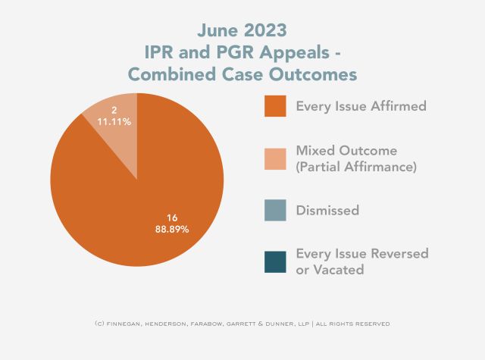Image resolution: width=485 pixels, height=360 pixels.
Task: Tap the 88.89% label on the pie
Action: pyautogui.click(x=172, y=228)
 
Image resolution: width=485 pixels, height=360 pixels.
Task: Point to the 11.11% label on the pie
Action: pyautogui.click(x=113, y=122)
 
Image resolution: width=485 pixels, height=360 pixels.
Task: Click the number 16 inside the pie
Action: pyautogui.click(x=172, y=217)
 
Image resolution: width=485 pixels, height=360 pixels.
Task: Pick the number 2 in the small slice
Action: pyautogui.click(x=113, y=111)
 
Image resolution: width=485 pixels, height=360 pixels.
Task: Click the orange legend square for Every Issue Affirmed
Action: pyautogui.click(x=274, y=106)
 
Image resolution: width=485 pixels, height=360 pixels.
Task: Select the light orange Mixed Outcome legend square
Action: pyautogui.click(x=274, y=158)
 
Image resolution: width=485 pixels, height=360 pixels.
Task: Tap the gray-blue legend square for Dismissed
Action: pyautogui.click(x=274, y=210)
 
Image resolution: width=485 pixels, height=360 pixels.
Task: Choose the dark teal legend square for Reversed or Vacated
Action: pyautogui.click(x=274, y=261)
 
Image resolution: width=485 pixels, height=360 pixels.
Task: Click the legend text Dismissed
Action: pyautogui.click(x=327, y=210)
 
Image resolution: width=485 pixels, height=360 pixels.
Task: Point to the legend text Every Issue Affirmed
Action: pyautogui.click(x=361, y=106)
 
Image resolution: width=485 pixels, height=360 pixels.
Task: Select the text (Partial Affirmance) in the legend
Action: pyautogui.click(x=356, y=166)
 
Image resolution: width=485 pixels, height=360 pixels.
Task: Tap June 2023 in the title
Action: pyautogui.click(x=242, y=30)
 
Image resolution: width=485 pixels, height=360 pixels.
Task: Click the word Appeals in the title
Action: pyautogui.click(x=306, y=52)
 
